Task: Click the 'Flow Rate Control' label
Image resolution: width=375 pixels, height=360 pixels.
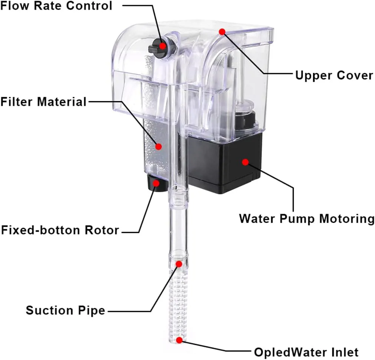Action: [x=56, y=6]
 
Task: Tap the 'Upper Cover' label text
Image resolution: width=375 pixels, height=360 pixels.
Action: [x=333, y=75]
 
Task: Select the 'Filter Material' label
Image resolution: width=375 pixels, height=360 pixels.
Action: [x=43, y=101]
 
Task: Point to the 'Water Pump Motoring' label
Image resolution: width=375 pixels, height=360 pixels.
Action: [x=306, y=218]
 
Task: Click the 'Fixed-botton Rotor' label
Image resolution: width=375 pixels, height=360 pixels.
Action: [x=60, y=230]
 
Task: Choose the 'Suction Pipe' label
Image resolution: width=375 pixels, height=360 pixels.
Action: [x=65, y=310]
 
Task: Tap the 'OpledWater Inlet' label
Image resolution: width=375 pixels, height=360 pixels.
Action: [x=306, y=351]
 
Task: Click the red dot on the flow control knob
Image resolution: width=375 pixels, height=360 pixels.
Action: [x=162, y=46]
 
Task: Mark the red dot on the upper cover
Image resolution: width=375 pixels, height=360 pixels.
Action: [x=222, y=31]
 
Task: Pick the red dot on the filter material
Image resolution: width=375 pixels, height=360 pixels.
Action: [x=158, y=146]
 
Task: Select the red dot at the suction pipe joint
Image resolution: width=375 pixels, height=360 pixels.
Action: [x=179, y=264]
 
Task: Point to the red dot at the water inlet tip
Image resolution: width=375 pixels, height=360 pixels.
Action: [x=179, y=340]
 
